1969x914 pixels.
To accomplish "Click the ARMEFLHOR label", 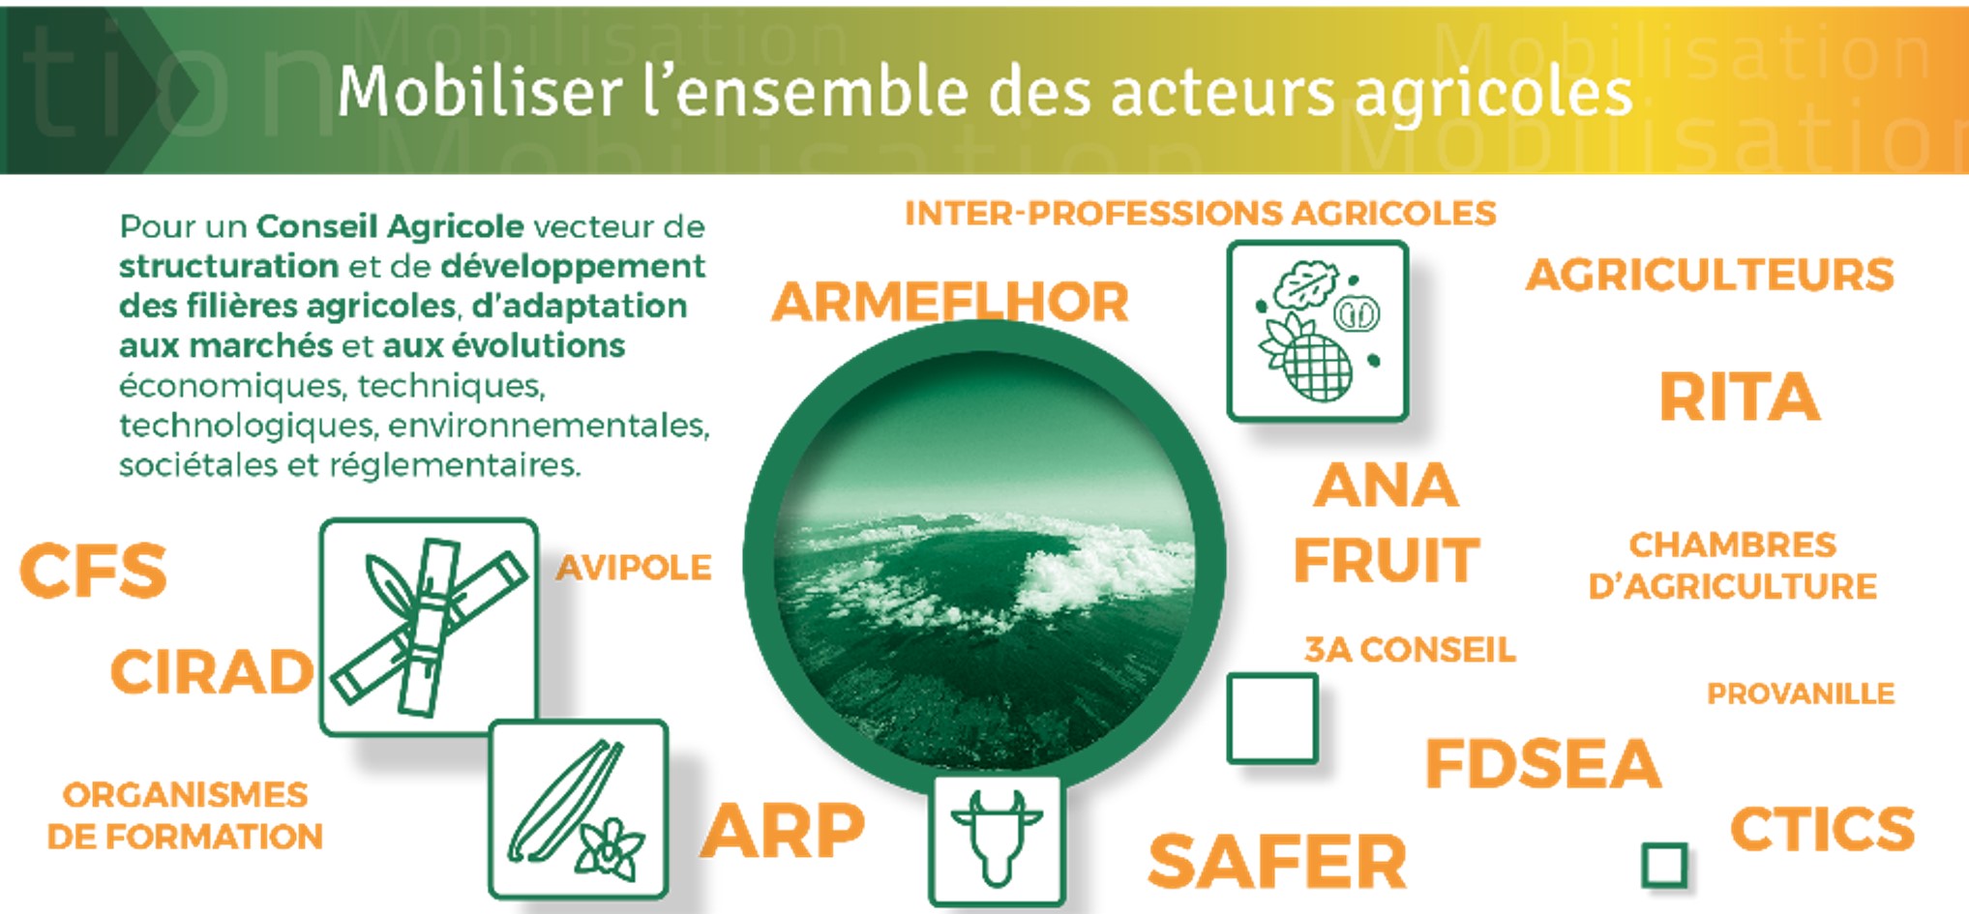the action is (949, 302).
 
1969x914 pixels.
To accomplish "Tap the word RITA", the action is (1739, 398).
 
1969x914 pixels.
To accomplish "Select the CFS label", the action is (93, 571).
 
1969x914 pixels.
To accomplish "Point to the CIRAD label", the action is (212, 672).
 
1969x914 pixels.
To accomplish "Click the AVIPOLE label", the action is (634, 568).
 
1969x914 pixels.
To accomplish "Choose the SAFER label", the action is (1277, 862).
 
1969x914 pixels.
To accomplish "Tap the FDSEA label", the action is (1543, 764).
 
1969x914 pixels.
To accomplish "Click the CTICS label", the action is (1822, 830).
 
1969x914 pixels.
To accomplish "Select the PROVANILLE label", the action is (1801, 693).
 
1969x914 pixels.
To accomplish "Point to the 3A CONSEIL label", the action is (1410, 650).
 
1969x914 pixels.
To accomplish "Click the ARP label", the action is (783, 831).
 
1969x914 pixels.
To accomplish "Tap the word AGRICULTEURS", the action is (1710, 276).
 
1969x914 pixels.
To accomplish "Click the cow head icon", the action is (997, 839).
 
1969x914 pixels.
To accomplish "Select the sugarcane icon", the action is (429, 627).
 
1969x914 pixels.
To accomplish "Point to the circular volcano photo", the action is (985, 561).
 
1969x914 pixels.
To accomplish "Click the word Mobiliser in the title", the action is (480, 93).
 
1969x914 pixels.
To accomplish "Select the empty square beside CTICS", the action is (1664, 865).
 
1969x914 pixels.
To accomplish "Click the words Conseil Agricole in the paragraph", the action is (390, 226).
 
